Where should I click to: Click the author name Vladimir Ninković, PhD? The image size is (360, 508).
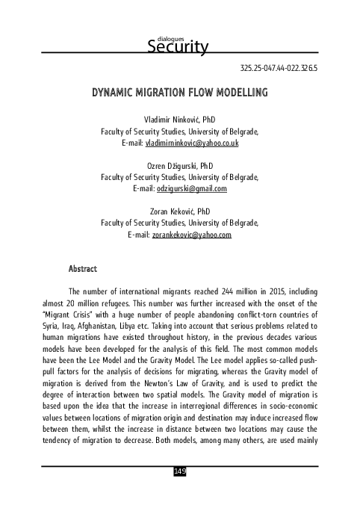pos(179,119)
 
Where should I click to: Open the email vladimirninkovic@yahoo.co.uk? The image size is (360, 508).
pos(191,143)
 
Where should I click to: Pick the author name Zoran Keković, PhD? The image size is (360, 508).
pos(179,211)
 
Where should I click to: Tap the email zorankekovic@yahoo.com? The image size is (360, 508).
pos(192,235)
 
